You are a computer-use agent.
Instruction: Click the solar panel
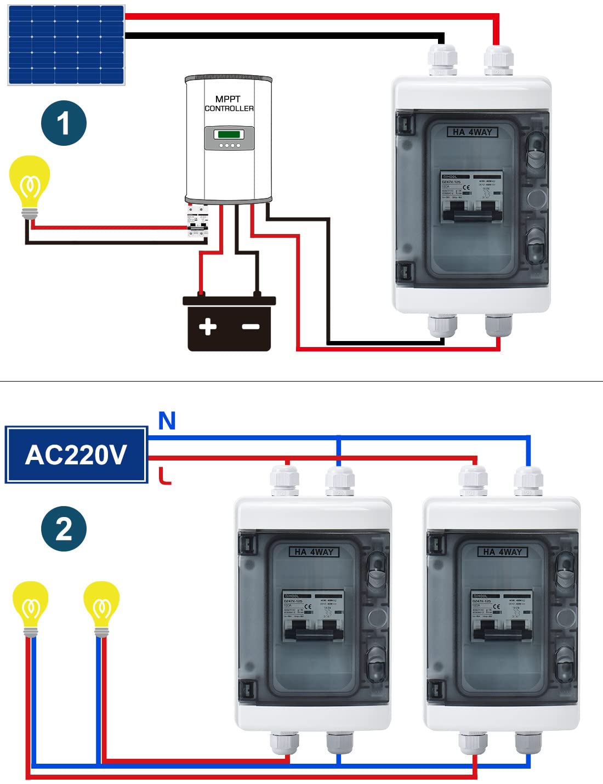66,45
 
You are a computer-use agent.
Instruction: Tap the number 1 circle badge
64,123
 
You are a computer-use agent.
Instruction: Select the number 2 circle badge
64,529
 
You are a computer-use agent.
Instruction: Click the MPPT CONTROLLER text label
229,104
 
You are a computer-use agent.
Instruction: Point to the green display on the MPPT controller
229,134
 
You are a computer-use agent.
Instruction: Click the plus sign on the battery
208,327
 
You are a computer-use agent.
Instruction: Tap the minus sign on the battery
251,327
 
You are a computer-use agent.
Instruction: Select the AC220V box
76,455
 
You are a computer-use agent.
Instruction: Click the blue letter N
167,421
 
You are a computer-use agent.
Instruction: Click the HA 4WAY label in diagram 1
472,132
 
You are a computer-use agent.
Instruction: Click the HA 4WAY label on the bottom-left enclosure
314,552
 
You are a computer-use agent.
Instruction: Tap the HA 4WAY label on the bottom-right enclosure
503,552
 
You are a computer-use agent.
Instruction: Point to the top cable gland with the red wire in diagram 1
498,60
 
